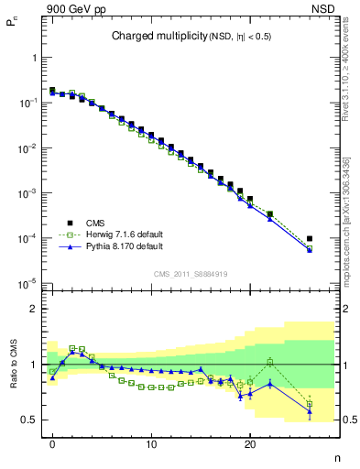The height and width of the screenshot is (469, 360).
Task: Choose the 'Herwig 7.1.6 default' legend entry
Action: point(123,234)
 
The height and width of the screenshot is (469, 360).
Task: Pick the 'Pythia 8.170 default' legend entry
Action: point(123,247)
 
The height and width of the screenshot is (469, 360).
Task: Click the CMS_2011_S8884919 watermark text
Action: point(191,273)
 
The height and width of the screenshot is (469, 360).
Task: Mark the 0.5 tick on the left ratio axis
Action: point(30,420)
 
